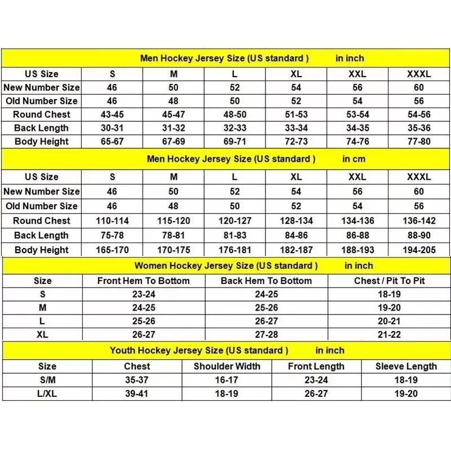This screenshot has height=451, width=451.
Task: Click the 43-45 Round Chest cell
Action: (112, 114)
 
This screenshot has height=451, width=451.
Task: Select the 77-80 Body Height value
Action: (418, 142)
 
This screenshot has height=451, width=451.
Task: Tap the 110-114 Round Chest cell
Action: (112, 221)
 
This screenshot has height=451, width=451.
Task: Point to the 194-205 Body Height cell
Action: (418, 250)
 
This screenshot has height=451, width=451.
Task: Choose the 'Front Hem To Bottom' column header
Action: (143, 281)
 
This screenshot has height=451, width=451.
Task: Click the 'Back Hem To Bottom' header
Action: (266, 281)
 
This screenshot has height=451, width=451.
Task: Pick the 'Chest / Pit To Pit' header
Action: (389, 281)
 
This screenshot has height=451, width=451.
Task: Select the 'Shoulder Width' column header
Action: (227, 366)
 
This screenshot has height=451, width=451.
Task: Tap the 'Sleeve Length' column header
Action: (406, 366)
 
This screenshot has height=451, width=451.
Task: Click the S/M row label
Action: (47, 380)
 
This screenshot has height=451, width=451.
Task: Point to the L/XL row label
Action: (47, 393)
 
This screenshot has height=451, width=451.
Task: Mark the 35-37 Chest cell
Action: (136, 380)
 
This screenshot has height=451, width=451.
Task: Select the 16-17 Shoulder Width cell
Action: (227, 380)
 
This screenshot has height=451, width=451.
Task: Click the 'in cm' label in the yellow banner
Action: (354, 159)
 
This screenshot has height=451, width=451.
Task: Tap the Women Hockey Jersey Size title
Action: (225, 266)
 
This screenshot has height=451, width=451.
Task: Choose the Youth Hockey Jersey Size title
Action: (199, 351)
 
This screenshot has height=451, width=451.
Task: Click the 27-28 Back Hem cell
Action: (266, 334)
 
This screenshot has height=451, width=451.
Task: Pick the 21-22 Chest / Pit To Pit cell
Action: (389, 334)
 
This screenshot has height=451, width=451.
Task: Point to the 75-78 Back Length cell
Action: (112, 236)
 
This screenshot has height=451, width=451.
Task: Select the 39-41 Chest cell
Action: (136, 393)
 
